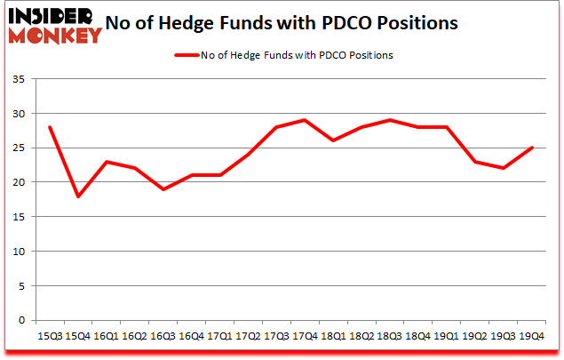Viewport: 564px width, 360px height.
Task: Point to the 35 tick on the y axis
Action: pyautogui.click(x=20, y=80)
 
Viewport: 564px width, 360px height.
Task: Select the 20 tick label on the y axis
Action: pyautogui.click(x=20, y=182)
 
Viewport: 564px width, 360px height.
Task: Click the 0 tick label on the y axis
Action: pyautogui.click(x=23, y=320)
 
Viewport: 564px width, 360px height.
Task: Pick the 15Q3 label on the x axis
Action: pyautogui.click(x=50, y=336)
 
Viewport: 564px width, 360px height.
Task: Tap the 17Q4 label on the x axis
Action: pyautogui.click(x=304, y=336)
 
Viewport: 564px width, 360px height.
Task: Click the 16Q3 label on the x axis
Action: pyautogui.click(x=163, y=336)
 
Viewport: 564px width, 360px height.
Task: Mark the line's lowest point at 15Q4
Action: pyautogui.click(x=78, y=196)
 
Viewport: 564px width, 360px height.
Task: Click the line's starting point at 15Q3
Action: pyautogui.click(x=50, y=127)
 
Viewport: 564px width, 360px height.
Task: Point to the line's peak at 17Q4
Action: pyautogui.click(x=304, y=120)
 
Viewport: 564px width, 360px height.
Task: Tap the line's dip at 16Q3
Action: pyautogui.click(x=163, y=189)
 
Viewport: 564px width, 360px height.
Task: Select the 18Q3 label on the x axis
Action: pyautogui.click(x=389, y=336)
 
